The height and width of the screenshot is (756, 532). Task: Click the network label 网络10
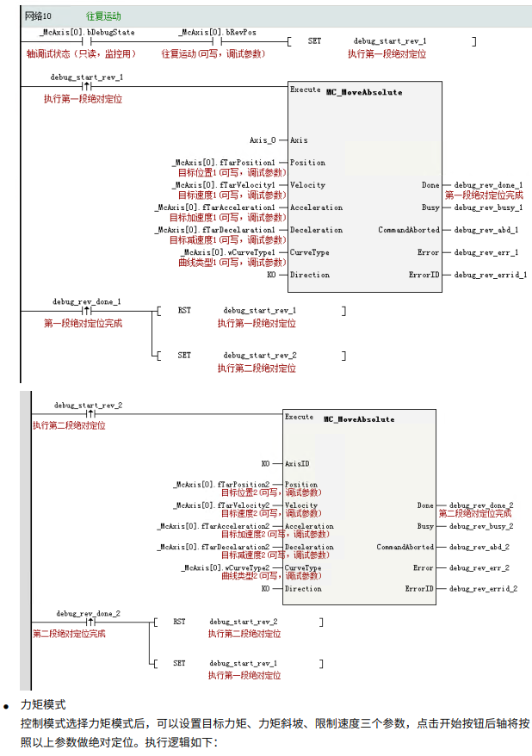[x=39, y=15]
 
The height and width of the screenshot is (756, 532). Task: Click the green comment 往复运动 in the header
[x=103, y=15]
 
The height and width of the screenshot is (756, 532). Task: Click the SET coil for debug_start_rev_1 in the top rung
[x=315, y=40]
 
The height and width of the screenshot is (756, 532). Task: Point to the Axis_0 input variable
[x=263, y=140]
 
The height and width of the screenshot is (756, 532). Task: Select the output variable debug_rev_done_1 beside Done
[x=488, y=185]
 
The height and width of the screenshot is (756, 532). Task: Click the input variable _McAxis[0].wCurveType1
[x=226, y=252]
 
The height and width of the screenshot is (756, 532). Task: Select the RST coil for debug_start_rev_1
[x=184, y=310]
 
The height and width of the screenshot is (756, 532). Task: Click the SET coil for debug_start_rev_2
[x=184, y=355]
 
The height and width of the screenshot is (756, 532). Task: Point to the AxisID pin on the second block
[x=297, y=462]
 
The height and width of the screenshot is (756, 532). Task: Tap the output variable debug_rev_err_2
[x=479, y=568]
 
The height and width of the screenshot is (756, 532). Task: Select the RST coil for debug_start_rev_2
[x=179, y=621]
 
